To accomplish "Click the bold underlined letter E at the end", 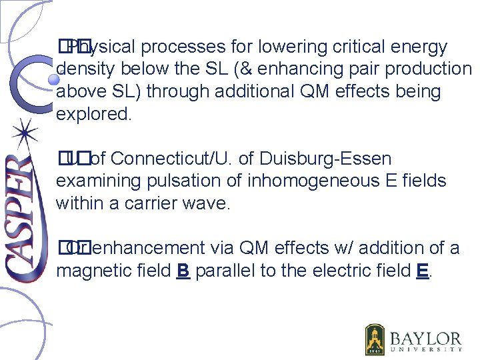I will (421, 271).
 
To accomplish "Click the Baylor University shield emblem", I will (375, 340).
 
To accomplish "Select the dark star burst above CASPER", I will (25, 133).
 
